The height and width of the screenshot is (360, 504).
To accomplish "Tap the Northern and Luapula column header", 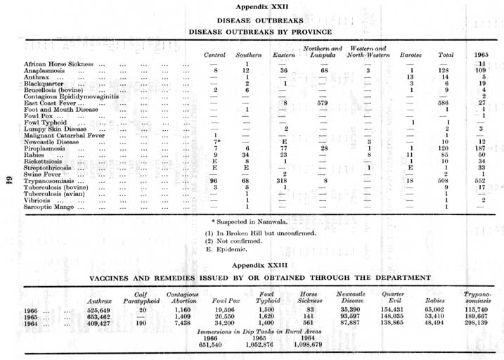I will [323, 51].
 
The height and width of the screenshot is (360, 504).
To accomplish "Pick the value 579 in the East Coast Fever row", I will [324, 103].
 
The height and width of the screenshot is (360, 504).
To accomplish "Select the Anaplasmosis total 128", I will [442, 71].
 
